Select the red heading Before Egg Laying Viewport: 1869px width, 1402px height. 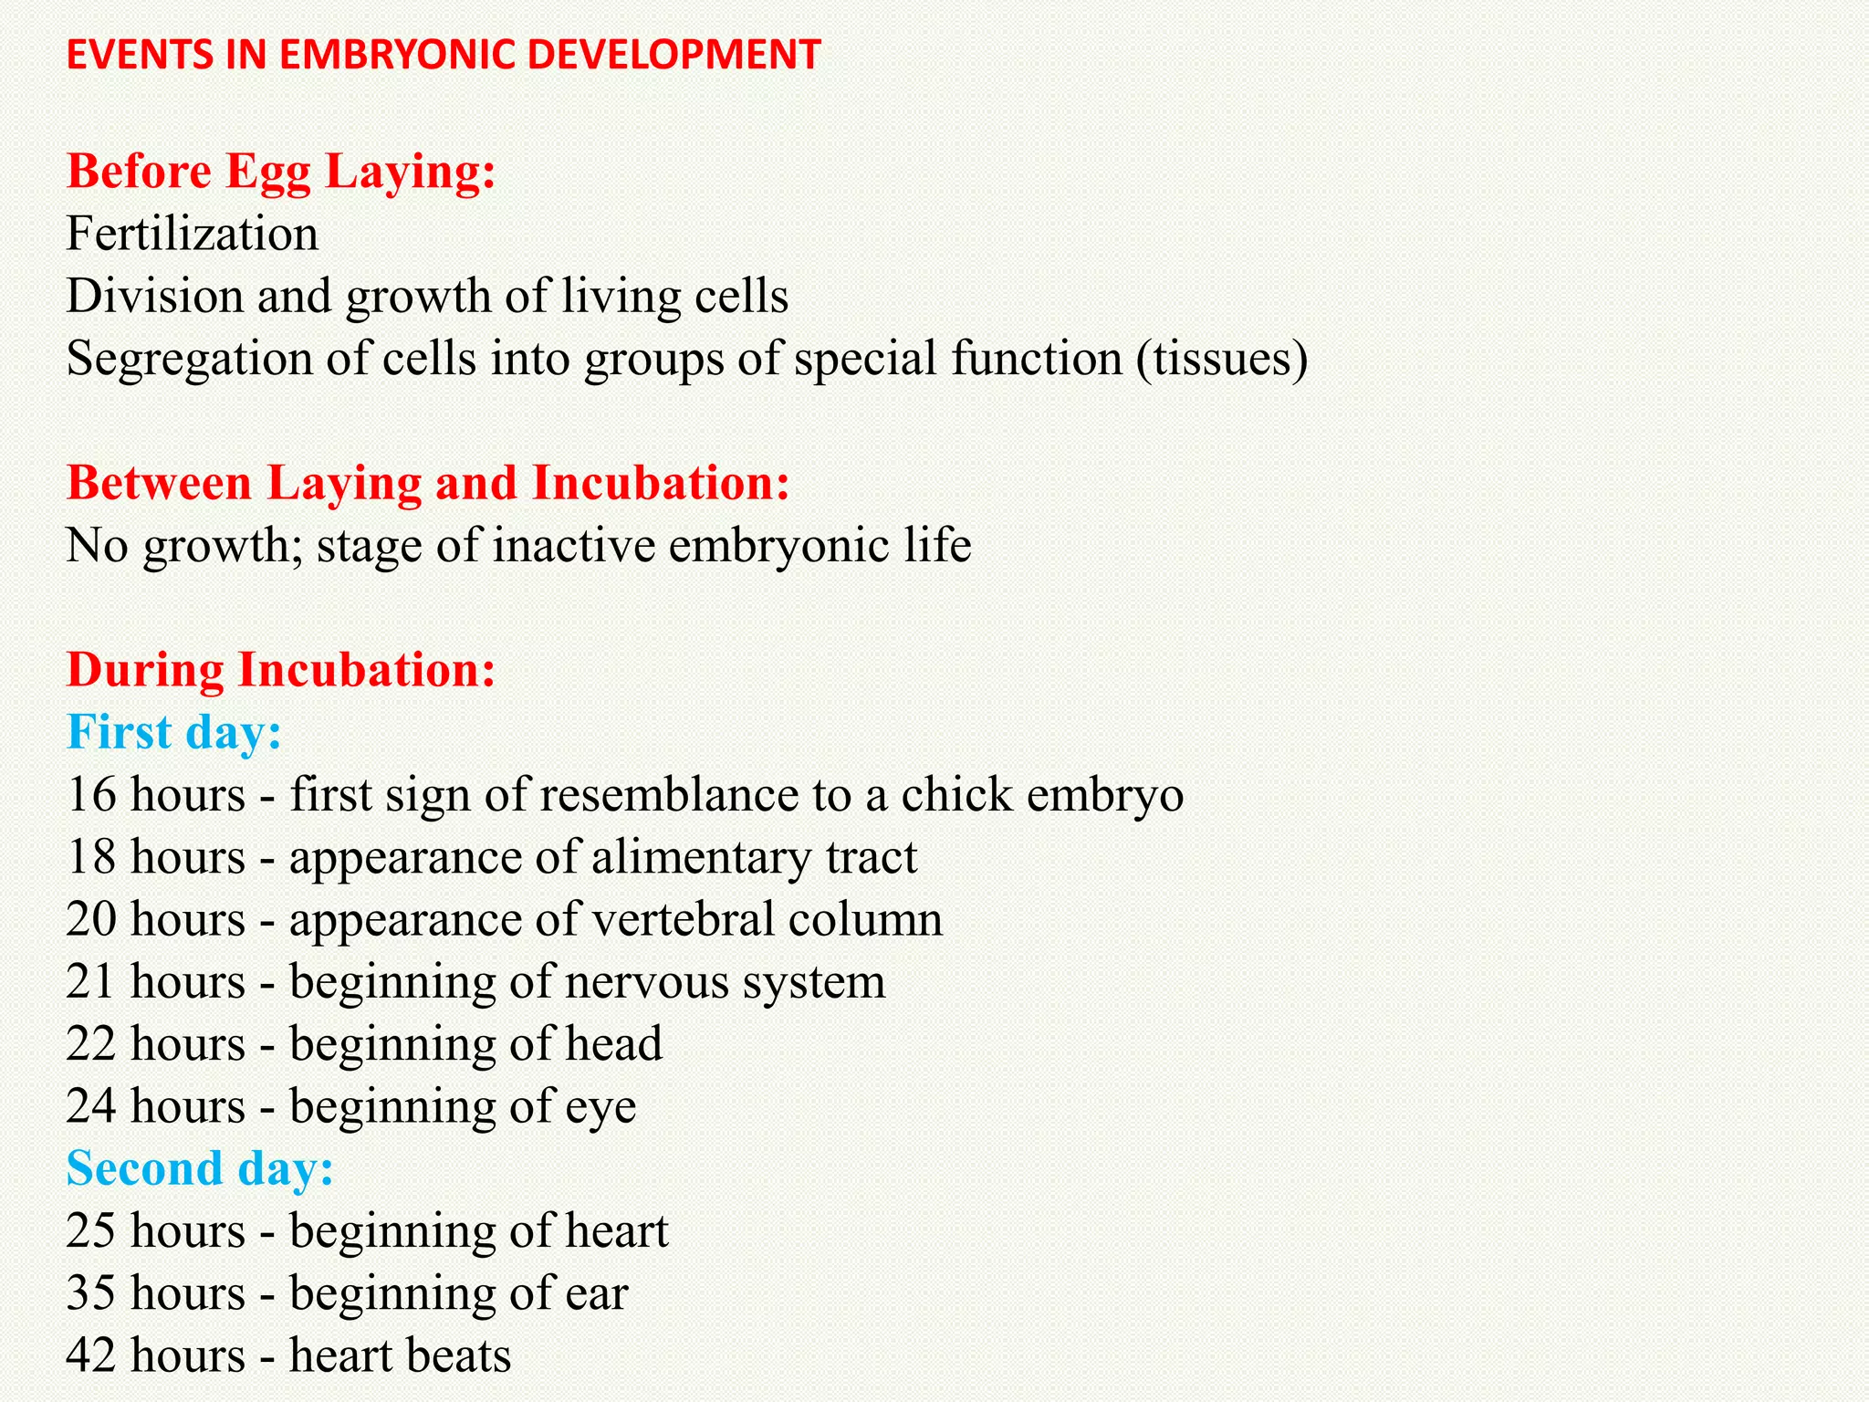pyautogui.click(x=281, y=172)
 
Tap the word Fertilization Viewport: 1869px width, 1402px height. pyautogui.click(x=193, y=234)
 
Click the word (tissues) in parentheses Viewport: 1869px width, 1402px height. pyautogui.click(x=1222, y=358)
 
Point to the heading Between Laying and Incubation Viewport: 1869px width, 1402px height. pyautogui.click(x=428, y=483)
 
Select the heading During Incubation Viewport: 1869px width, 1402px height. pyautogui.click(x=281, y=670)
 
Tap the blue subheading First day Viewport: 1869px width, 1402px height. pyautogui.click(x=174, y=732)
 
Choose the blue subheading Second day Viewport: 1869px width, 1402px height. pyautogui.click(x=200, y=1168)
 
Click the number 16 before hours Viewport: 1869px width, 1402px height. pyautogui.click(x=91, y=795)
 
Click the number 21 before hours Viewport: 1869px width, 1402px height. pyautogui.click(x=90, y=982)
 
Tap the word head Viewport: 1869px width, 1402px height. pyautogui.click(x=613, y=1044)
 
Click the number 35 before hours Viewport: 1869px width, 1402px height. pyautogui.click(x=91, y=1293)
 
